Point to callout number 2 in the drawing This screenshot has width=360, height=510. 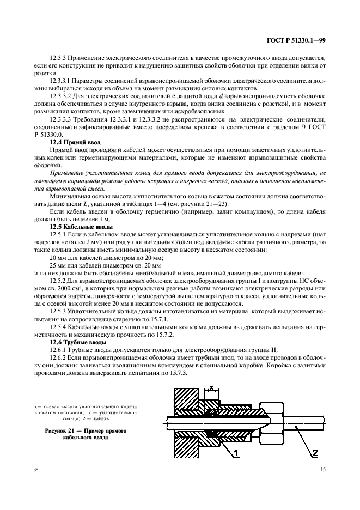314,452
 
